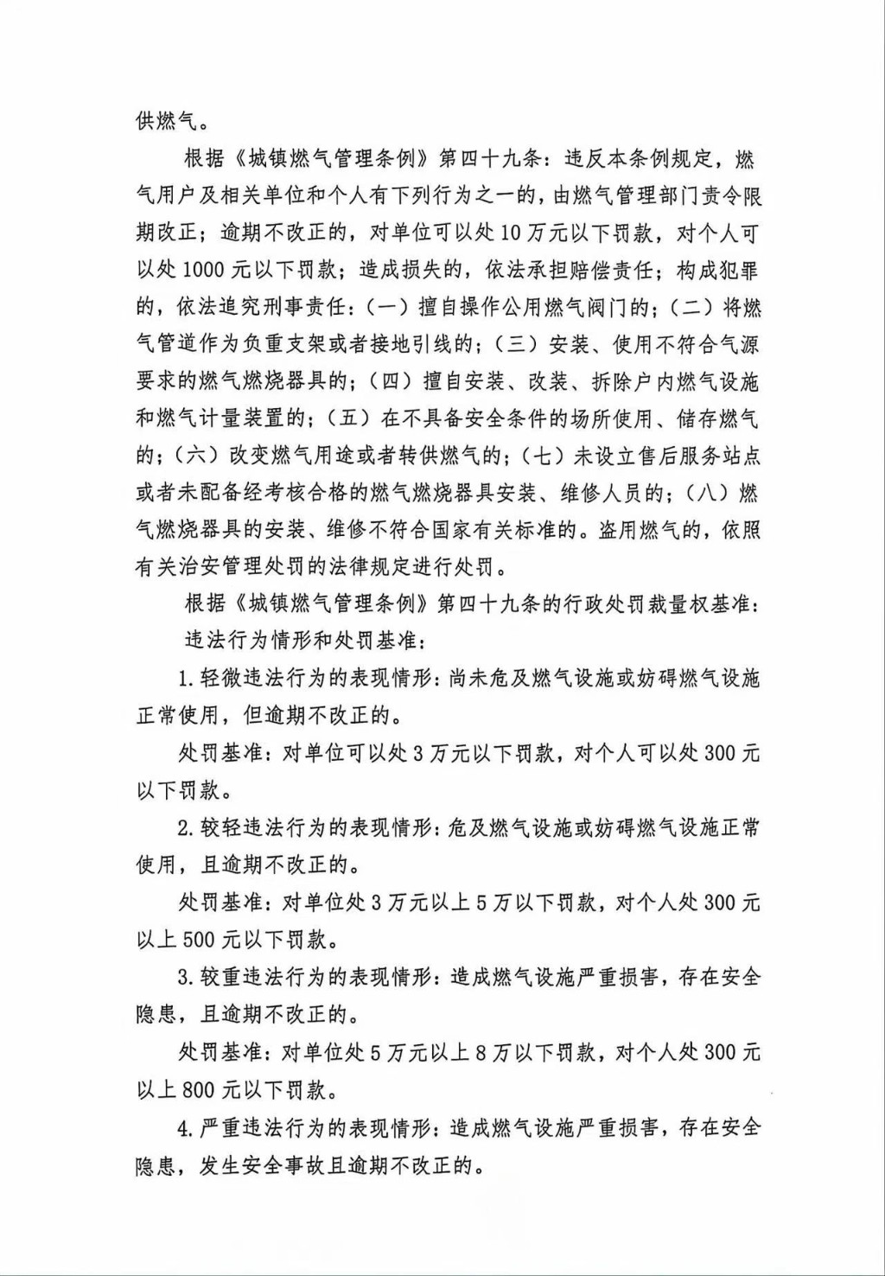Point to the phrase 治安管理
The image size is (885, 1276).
coord(230,568)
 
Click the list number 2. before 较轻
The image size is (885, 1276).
coord(185,828)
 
